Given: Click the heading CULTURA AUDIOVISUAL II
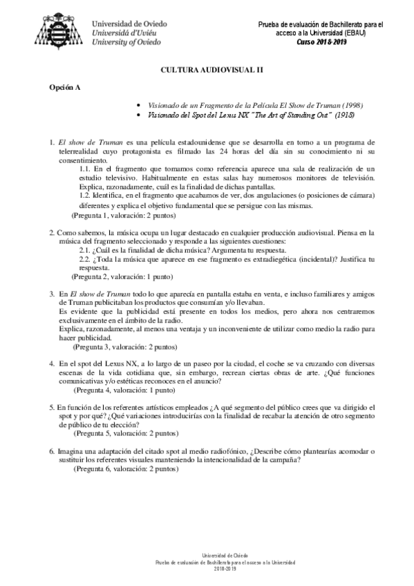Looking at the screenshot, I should click(207, 70).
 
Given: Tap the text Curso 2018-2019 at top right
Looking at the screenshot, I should click(321, 42).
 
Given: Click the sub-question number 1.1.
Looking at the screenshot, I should click(86, 169).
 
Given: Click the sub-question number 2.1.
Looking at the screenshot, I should click(86, 250).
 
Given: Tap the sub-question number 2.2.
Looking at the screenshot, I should click(86, 259).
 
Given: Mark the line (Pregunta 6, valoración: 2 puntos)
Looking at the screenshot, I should click(126, 468).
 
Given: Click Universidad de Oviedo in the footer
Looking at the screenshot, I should click(207, 555).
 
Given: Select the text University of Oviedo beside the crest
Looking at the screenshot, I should click(126, 42).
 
